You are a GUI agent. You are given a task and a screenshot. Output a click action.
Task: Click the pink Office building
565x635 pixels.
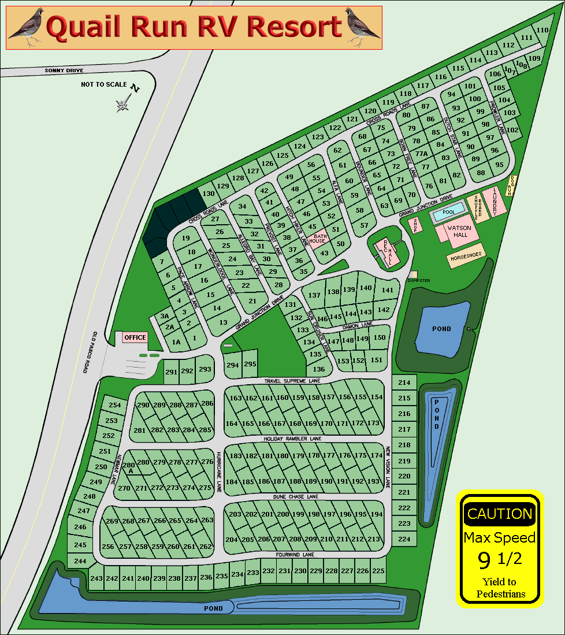tap(135, 337)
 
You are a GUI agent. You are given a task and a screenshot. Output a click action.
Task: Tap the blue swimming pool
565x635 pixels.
tap(448, 212)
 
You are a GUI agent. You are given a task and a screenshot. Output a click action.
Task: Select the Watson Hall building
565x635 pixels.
tap(460, 232)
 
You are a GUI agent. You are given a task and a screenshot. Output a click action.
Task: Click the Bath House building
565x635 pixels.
tap(320, 239)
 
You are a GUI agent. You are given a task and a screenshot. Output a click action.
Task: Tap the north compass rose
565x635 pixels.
tap(122, 104)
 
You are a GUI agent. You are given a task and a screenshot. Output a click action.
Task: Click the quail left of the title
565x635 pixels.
tap(25, 27)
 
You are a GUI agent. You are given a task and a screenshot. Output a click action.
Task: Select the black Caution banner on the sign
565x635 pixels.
tap(499, 514)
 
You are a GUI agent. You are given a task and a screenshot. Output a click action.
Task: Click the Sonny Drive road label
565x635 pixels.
tap(64, 70)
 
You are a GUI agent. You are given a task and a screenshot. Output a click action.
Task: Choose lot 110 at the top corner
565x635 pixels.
tap(542, 31)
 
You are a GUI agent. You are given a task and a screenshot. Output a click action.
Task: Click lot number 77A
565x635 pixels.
tap(421, 154)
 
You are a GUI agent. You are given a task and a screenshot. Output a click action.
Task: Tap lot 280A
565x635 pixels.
tap(129, 467)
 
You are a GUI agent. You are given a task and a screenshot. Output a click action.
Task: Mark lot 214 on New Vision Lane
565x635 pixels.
tap(404, 383)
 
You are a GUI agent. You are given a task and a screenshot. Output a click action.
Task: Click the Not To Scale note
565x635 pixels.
tap(104, 84)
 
